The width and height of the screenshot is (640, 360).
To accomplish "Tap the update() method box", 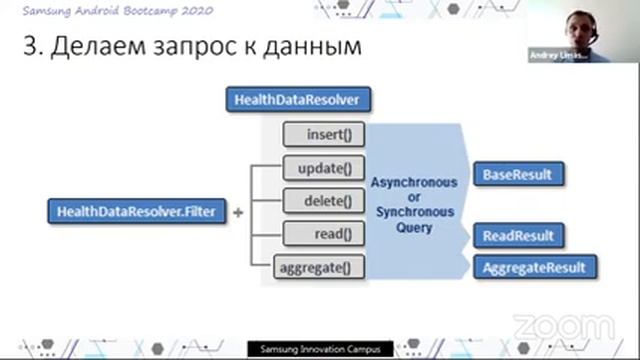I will click(323, 167).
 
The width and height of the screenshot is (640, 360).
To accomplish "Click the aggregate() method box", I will click(319, 268).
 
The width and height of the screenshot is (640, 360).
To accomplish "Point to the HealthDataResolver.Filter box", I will click(137, 212).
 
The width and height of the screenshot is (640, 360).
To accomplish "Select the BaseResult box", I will click(517, 175).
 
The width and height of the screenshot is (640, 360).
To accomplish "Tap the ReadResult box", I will click(517, 236).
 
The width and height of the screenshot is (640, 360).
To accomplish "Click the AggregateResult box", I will click(533, 268).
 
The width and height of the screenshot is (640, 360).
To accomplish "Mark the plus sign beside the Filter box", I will click(238, 213).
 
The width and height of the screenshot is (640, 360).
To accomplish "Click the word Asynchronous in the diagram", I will click(413, 183).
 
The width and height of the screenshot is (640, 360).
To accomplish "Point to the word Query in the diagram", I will click(413, 228).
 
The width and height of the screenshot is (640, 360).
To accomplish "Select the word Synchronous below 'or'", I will click(413, 212).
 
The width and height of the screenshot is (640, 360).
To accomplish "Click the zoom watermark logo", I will click(563, 326).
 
